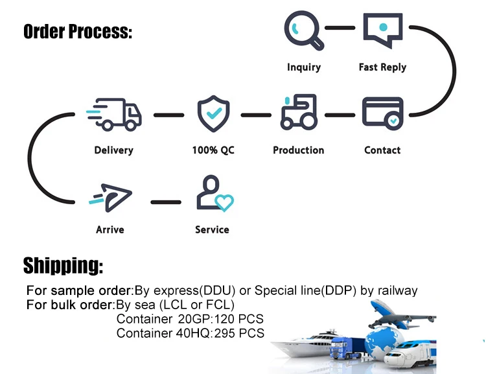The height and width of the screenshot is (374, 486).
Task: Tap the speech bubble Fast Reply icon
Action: (x=383, y=30)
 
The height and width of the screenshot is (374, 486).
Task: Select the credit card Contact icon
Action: (x=383, y=113)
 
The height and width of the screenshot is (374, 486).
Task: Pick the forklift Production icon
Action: (x=299, y=112)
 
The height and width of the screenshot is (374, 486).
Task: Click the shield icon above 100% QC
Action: (x=214, y=113)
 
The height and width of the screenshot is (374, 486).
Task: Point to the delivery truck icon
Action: (x=114, y=115)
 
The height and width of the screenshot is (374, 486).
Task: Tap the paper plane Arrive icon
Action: (x=110, y=198)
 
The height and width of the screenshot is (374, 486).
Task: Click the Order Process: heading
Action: (x=78, y=32)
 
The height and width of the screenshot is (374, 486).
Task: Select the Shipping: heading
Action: (x=63, y=266)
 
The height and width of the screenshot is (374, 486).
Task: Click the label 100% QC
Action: (x=213, y=150)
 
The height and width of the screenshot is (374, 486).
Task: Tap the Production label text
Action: (x=299, y=150)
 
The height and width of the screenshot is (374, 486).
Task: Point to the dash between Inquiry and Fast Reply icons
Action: (x=340, y=28)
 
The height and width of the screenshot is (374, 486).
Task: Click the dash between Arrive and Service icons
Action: (x=166, y=202)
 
